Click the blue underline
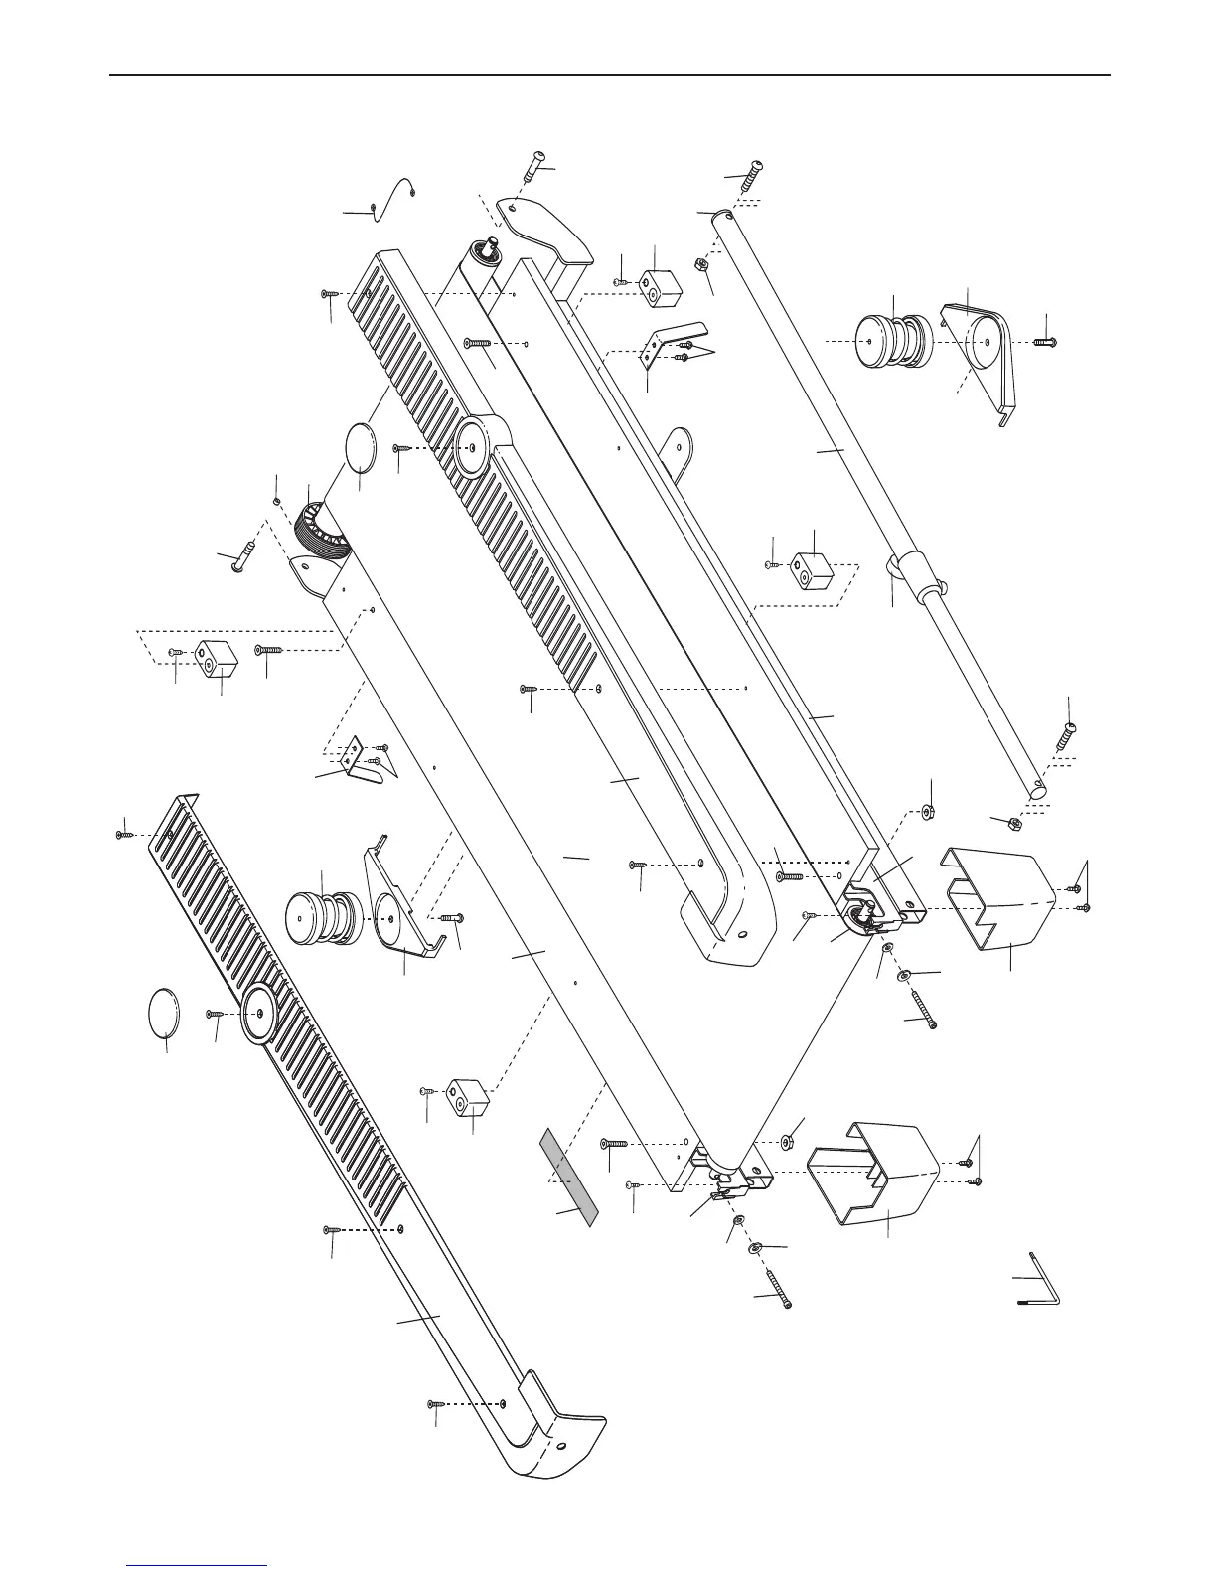coord(198,1566)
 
